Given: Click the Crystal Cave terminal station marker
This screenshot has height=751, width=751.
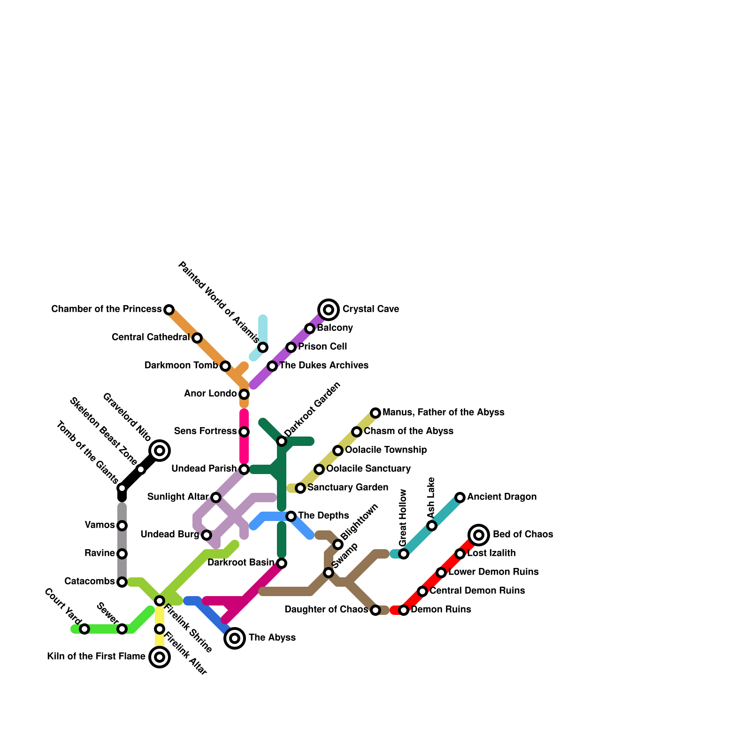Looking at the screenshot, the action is (329, 310).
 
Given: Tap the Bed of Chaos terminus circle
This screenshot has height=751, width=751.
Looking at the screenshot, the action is (479, 535).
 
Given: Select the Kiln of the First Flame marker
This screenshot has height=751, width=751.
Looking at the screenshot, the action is (160, 657).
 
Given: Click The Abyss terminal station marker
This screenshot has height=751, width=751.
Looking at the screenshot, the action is (235, 638).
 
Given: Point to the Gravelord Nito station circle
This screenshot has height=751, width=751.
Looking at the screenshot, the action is (160, 451).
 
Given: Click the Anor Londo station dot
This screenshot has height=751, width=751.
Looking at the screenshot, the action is (244, 394).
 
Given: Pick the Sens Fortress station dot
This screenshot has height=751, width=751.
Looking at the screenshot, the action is (244, 432).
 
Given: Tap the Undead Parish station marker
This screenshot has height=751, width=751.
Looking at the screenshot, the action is (244, 469).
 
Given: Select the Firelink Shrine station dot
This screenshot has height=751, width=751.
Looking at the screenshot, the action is (160, 601).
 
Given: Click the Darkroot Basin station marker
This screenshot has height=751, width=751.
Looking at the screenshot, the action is (282, 563).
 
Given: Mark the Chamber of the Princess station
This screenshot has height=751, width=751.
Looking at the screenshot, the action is (169, 310).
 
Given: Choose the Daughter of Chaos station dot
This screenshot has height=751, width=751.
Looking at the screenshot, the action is (375, 610).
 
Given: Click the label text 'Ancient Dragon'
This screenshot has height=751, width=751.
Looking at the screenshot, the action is (502, 497).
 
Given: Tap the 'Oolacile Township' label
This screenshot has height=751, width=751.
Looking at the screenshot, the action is (386, 450).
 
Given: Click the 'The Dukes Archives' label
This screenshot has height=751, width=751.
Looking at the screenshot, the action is (324, 365).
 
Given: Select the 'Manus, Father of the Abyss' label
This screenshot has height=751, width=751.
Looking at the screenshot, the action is (443, 412).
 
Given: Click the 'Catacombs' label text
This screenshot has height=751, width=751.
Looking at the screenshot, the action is (90, 581).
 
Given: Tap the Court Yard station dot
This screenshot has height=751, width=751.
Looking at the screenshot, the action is (84, 629).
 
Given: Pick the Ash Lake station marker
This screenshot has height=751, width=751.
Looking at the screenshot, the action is (432, 526).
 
